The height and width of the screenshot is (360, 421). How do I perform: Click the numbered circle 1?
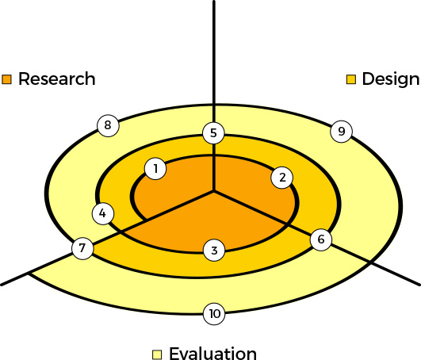click(156, 168)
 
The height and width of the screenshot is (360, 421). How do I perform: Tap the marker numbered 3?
click(214, 251)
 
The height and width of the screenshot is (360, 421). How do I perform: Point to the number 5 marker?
click(212, 132)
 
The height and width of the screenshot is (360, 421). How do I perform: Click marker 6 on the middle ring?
click(320, 239)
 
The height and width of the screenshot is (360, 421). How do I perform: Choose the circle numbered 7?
click(82, 248)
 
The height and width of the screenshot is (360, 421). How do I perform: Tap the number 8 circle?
click(107, 124)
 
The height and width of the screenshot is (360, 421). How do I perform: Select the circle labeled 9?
click(340, 131)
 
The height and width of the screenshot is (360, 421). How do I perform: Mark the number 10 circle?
click(213, 314)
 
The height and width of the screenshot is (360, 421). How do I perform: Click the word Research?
click(56, 79)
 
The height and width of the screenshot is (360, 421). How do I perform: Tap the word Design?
click(390, 79)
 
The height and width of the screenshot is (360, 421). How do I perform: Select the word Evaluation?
click(212, 354)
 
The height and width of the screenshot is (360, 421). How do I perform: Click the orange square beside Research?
click(8, 79)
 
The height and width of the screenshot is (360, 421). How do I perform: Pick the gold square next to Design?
click(352, 79)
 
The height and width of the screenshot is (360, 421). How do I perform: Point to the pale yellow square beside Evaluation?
click(157, 354)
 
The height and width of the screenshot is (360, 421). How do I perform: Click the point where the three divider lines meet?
click(214, 191)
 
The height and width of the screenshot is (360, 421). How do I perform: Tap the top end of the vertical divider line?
click(214, 2)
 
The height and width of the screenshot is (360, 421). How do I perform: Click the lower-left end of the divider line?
click(3, 282)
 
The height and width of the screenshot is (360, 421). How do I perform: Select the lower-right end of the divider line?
click(418, 283)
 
